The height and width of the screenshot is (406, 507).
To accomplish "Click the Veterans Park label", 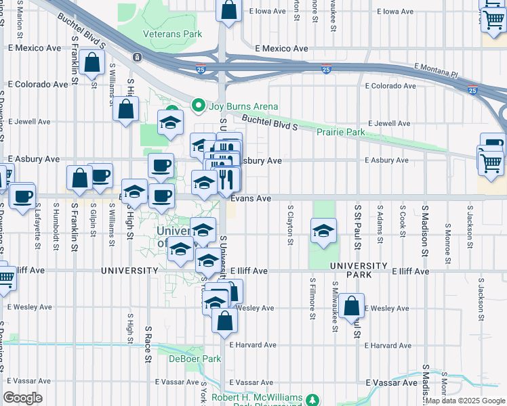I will (x=172, y=33).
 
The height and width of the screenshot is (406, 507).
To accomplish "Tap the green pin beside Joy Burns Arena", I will (x=198, y=105).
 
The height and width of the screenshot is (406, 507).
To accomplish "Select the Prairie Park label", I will (x=341, y=131).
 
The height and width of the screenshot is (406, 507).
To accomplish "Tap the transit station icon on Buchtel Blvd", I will (x=138, y=58).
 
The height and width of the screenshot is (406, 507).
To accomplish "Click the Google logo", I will (x=23, y=398).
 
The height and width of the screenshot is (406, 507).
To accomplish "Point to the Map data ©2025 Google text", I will (x=465, y=401).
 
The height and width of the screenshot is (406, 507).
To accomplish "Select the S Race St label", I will (x=147, y=344).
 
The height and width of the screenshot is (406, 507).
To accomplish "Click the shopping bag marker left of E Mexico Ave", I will (x=91, y=63).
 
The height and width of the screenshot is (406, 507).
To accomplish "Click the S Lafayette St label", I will (x=36, y=223).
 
